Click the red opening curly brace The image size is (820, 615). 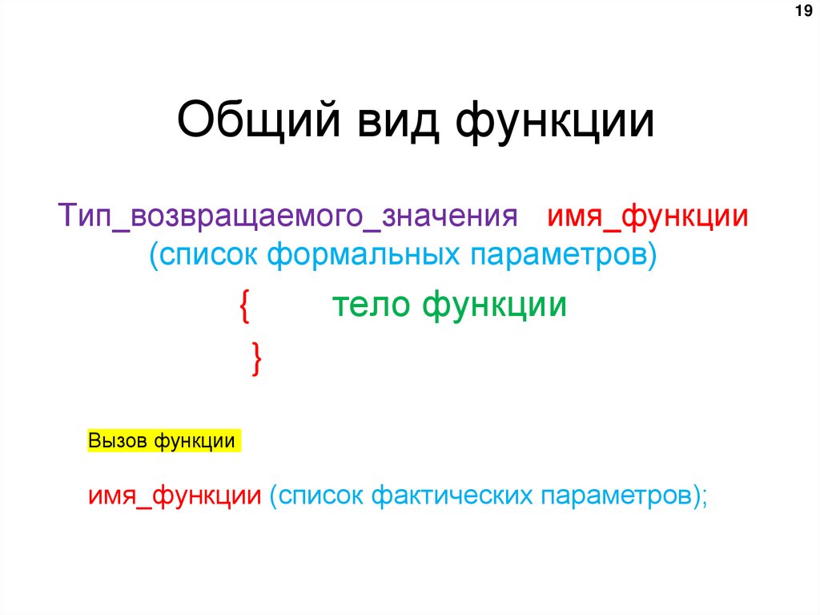244,308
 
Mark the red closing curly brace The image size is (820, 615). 255,358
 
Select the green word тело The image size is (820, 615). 371,305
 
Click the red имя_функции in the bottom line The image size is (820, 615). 175,495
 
